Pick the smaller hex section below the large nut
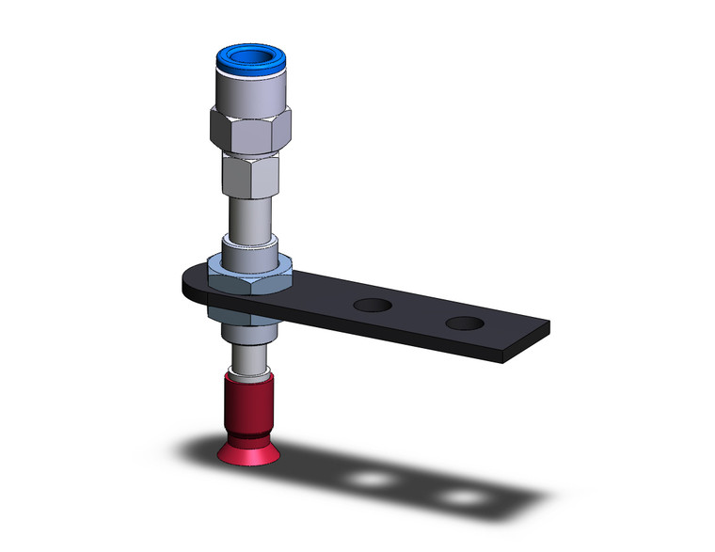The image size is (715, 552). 250,172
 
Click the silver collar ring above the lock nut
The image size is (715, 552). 249,253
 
